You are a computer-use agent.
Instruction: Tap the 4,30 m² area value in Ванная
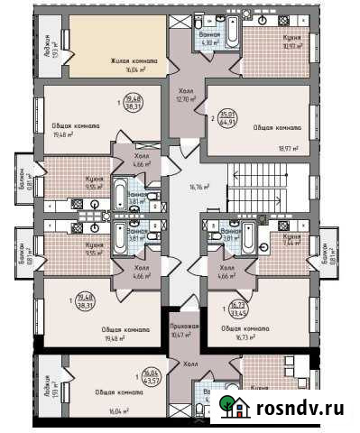click(x=209, y=41)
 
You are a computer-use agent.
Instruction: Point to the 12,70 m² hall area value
click(x=187, y=99)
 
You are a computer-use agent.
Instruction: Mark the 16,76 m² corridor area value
click(x=198, y=188)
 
